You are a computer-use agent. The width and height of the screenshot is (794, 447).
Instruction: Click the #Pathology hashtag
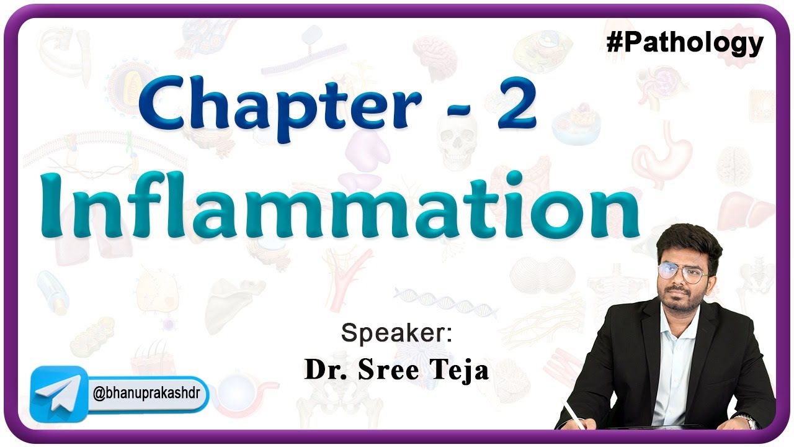[x=684, y=43]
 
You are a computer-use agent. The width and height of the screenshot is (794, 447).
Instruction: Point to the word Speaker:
[x=397, y=334]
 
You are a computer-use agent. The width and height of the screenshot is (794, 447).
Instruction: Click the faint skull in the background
[x=457, y=139]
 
